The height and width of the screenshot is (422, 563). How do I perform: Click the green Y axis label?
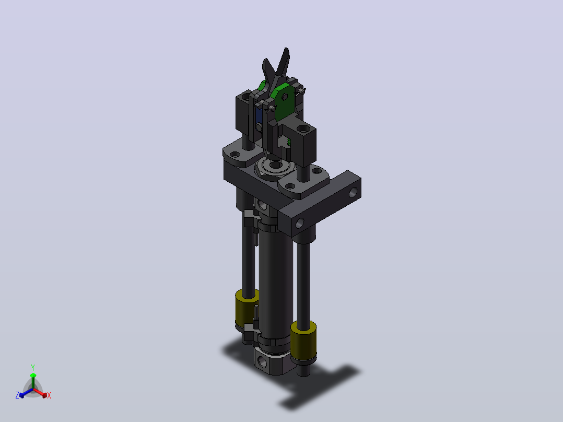point(33,367)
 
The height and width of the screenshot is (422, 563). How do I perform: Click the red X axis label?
point(49,395)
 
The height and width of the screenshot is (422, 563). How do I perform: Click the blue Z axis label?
point(17,395)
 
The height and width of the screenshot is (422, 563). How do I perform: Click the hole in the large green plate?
point(285,97)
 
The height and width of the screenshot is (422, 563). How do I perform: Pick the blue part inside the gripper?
point(258,115)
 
